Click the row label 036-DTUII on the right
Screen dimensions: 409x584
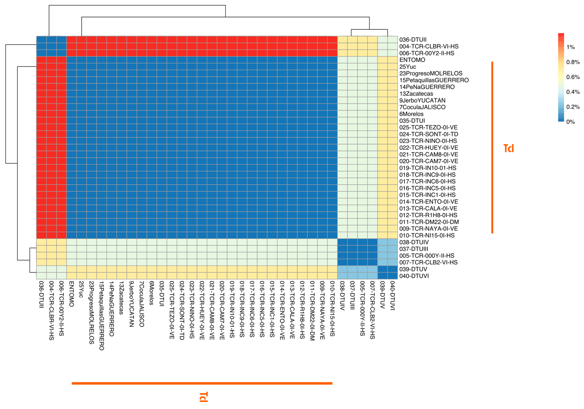pyautogui.click(x=413, y=40)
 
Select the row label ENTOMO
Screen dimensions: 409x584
pyautogui.click(x=412, y=60)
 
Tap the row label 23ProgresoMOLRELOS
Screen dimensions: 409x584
pyautogui.click(x=431, y=74)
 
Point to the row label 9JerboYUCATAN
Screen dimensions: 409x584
pyautogui.click(x=422, y=100)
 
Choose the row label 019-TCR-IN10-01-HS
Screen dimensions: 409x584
pyautogui.click(x=427, y=168)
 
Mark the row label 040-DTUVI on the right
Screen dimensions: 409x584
pyautogui.click(x=414, y=276)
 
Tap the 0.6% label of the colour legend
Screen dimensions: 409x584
pyautogui.click(x=573, y=77)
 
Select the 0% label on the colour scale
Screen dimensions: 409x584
pyautogui.click(x=570, y=122)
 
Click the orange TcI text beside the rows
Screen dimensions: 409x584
pyautogui.click(x=508, y=148)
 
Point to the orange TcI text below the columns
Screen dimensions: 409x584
pyautogui.click(x=204, y=397)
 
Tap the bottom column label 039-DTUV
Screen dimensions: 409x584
pyautogui.click(x=382, y=295)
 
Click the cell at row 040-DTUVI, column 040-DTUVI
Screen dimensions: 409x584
pyautogui.click(x=392, y=276)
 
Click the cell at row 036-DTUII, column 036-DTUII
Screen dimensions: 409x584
pyautogui.click(x=41, y=40)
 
